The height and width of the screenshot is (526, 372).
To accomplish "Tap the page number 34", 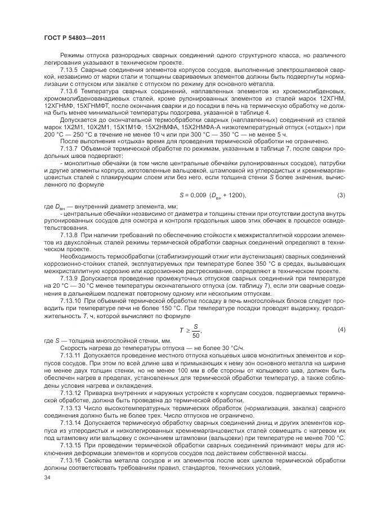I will tap(47, 477).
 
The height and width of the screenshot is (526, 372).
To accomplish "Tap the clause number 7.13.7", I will tap(69, 156).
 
